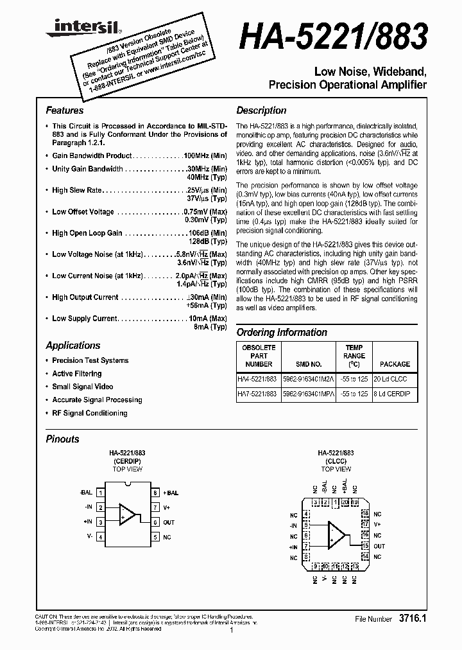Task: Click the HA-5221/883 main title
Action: [x=333, y=38]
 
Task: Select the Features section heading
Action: [x=64, y=110]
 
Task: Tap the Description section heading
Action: [x=261, y=110]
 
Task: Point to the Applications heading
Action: [x=73, y=345]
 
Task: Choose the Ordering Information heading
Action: [x=282, y=332]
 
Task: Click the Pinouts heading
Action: [x=63, y=439]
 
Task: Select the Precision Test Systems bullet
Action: [x=90, y=360]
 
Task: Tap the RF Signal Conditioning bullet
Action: [x=90, y=413]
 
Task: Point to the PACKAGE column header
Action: [x=395, y=364]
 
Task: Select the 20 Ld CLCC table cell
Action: [x=395, y=378]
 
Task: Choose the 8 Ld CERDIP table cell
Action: [x=395, y=394]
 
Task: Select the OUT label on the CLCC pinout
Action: [x=379, y=546]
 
